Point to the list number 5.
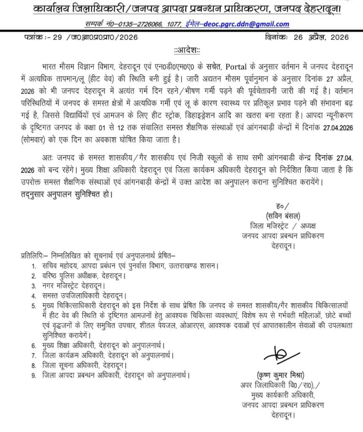click(34, 304)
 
